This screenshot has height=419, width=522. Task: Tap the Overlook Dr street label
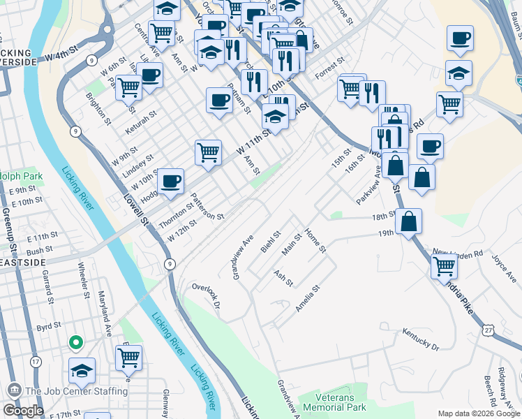point(206,297)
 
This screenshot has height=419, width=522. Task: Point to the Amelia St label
point(307,298)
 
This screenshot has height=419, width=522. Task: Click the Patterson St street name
point(207,207)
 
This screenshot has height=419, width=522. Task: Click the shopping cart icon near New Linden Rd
point(444,265)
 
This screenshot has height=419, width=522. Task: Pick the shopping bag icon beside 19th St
point(408,221)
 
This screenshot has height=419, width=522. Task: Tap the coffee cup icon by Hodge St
point(171,182)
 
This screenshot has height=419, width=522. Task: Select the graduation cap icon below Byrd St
point(82,370)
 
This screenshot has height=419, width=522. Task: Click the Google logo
point(23,411)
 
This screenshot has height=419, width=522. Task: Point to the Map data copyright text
point(479,413)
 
